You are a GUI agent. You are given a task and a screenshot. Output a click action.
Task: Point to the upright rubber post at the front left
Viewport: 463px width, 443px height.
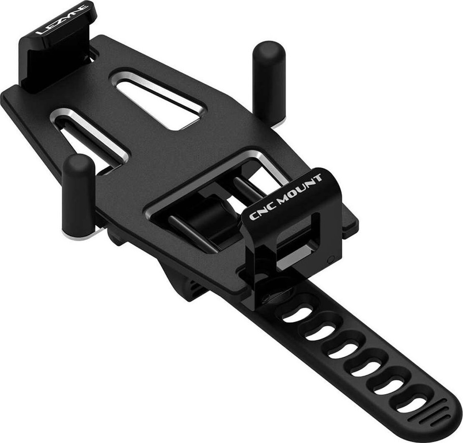click(78, 192)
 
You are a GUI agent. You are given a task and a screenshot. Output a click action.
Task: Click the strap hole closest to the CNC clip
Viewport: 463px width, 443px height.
click(298, 316)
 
